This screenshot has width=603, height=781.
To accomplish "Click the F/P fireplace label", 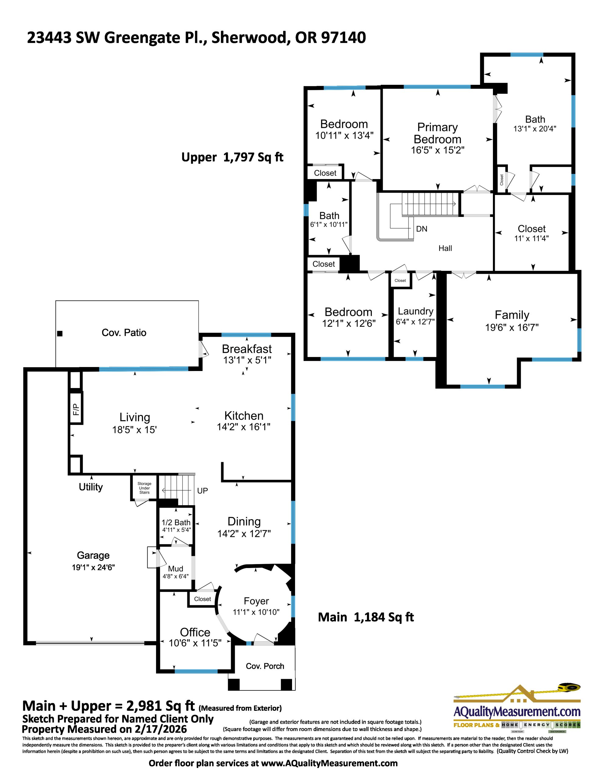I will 76,408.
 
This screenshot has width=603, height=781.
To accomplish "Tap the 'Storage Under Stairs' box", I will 145,488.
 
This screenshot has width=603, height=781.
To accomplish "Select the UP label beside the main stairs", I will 202,491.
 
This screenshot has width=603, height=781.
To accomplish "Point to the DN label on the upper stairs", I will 421,229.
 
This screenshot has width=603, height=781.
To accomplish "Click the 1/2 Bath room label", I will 176,523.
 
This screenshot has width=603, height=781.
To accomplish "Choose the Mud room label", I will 176,569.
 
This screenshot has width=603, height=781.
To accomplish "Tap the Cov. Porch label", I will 265,666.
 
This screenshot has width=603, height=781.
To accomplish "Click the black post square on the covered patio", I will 60,334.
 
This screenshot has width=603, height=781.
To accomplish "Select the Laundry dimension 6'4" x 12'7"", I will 415,322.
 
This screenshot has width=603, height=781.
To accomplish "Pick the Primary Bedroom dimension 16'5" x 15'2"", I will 437,150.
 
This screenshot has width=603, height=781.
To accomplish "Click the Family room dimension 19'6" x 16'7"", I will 512,327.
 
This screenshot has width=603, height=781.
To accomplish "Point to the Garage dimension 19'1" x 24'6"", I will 93,567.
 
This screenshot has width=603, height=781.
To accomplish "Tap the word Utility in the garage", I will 91,487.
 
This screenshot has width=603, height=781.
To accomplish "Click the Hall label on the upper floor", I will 445,248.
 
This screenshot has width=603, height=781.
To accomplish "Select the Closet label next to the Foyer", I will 202,599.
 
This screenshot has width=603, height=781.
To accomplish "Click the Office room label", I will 195,632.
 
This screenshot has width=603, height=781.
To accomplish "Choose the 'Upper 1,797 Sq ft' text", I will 232,157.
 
